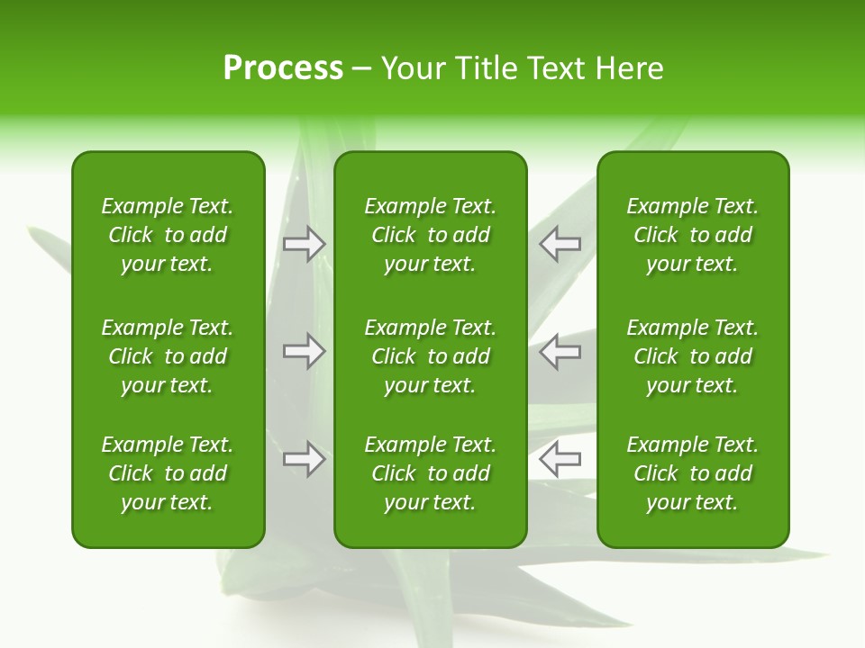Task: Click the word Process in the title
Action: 283,68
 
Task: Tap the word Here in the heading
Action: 629,68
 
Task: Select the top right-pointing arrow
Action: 305,243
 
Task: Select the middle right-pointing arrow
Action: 305,351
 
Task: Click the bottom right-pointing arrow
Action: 305,459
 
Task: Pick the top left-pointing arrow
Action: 560,243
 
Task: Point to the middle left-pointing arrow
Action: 560,351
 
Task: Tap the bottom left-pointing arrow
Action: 560,459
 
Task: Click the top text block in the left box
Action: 168,235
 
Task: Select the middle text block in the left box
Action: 168,356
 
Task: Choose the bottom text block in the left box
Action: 168,473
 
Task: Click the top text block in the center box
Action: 430,235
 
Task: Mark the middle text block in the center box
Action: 430,356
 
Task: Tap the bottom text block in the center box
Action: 430,473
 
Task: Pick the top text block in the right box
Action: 692,235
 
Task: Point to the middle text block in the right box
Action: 692,356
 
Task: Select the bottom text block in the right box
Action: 692,473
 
